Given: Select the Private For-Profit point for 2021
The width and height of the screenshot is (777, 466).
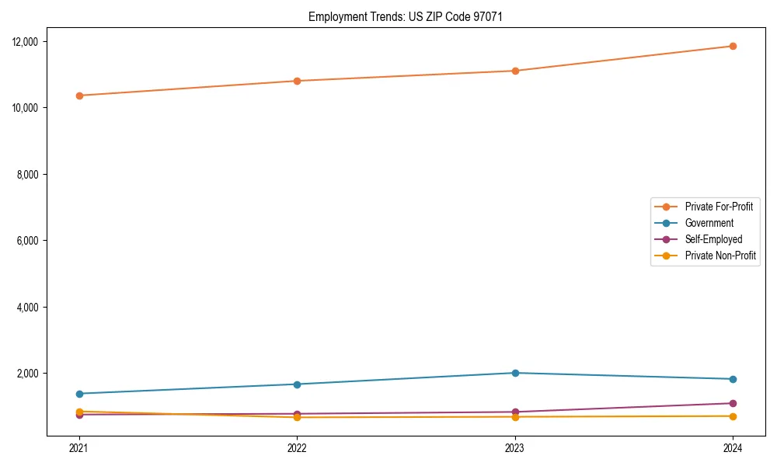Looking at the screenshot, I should coord(79,96).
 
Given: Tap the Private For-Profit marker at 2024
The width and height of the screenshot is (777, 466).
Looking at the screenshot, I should coord(733,46).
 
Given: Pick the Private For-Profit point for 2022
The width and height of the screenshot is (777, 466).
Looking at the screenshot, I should coord(297,81).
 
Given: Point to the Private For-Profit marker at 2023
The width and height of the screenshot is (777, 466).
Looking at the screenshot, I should coord(515,71).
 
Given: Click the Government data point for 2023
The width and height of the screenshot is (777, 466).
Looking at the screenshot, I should coord(515,373).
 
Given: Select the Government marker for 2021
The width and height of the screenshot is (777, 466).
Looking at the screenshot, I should coord(79,394).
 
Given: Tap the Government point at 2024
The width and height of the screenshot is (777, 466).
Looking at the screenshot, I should coord(733,379).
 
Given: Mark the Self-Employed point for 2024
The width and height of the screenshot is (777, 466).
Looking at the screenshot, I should coord(733,403).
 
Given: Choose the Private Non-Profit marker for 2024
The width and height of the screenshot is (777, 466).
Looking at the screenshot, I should coord(733,416).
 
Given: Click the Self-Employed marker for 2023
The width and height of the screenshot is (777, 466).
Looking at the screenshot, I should coord(515,412).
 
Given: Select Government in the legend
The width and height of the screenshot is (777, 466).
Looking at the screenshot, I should coord(709,223).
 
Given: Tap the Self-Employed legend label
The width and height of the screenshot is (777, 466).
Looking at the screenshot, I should coord(713,239).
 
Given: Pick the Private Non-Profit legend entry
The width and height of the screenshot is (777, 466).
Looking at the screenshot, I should coord(720,256).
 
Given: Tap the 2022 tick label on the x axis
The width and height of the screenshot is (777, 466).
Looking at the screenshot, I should coord(297,447).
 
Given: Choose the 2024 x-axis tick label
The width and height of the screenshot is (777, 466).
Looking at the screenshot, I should coord(733,447).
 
